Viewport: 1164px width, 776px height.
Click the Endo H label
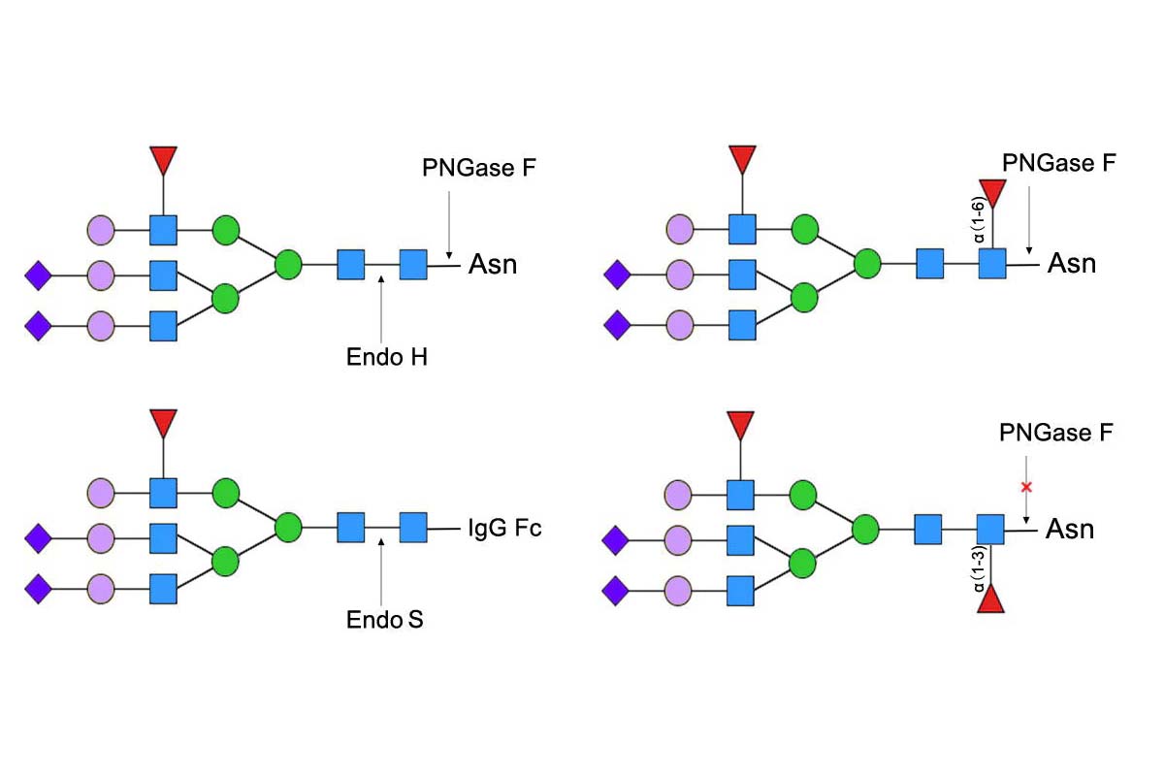tap(387, 357)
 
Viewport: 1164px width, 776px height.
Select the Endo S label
tap(385, 619)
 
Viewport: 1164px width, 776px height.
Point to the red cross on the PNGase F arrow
tap(1026, 486)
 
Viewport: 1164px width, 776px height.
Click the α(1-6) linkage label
tap(981, 220)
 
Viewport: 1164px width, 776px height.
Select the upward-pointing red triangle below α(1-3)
tap(990, 599)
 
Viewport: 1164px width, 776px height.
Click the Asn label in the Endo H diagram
tap(493, 264)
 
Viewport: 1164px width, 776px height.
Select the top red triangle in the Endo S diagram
tap(163, 424)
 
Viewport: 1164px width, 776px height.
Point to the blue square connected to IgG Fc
tap(413, 529)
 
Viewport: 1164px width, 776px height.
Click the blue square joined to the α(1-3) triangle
tap(990, 530)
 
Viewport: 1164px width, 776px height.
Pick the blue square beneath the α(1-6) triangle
tap(992, 264)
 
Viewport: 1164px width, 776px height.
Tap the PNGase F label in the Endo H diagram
tap(479, 169)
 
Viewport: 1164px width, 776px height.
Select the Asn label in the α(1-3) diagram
tap(1070, 530)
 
